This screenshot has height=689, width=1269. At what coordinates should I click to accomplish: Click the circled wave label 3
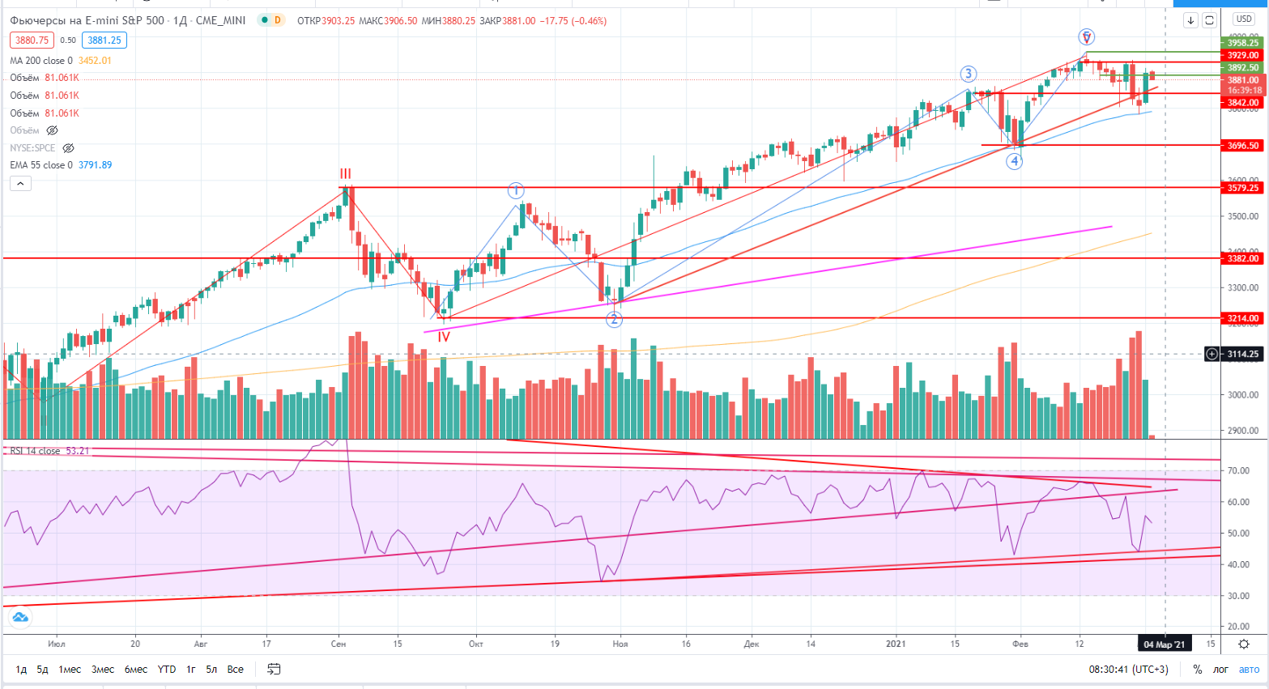(x=969, y=74)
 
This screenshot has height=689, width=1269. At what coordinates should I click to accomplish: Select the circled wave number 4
(x=1014, y=161)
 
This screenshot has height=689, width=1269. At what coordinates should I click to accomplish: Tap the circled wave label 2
(x=614, y=319)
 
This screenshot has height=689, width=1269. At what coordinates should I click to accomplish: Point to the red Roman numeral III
(x=346, y=173)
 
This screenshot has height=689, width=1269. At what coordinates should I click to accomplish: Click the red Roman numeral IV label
(x=444, y=337)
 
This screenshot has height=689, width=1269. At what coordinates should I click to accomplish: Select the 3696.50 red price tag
(x=1243, y=146)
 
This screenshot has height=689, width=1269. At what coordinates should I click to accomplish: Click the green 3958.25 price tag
(x=1243, y=43)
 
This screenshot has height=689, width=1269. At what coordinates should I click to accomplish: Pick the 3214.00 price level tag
(x=1243, y=318)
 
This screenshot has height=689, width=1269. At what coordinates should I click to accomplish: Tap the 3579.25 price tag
(x=1243, y=188)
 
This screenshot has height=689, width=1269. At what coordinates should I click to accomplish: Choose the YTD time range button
(x=167, y=669)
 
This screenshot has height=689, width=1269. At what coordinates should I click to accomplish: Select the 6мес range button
(x=136, y=669)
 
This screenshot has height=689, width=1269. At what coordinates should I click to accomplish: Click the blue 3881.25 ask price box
(x=104, y=40)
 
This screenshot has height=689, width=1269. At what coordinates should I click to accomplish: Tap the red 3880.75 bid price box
(x=32, y=40)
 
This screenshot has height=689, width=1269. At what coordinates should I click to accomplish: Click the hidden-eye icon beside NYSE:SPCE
(x=69, y=148)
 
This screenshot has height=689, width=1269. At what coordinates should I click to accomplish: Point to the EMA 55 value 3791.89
(x=96, y=165)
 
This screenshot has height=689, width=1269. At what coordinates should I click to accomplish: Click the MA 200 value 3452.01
(x=95, y=61)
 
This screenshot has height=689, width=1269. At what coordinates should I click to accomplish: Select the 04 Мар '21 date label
(x=1164, y=644)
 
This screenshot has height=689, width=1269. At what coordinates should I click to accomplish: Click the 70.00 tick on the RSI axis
(x=1237, y=470)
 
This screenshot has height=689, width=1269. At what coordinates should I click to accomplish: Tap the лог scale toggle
(x=1220, y=669)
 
